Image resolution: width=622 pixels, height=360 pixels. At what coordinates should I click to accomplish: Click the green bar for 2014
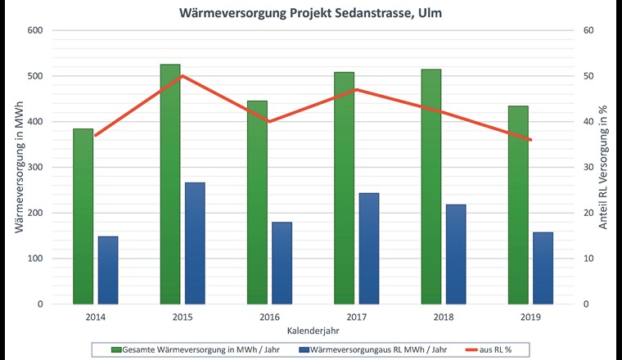pyautogui.click(x=83, y=216)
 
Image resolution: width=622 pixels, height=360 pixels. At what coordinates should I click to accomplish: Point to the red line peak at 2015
pyautogui.click(x=182, y=76)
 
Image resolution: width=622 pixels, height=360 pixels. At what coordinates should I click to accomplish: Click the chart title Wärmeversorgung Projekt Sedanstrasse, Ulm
pyautogui.click(x=310, y=13)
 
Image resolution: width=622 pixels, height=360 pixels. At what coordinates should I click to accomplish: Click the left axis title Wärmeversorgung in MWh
pyautogui.click(x=18, y=168)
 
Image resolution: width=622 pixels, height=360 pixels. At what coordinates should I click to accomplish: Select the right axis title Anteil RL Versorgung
pyautogui.click(x=603, y=168)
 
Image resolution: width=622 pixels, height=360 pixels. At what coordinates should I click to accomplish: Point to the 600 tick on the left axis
pyautogui.click(x=36, y=30)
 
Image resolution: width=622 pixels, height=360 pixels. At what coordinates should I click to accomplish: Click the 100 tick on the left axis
pyautogui.click(x=36, y=259)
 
